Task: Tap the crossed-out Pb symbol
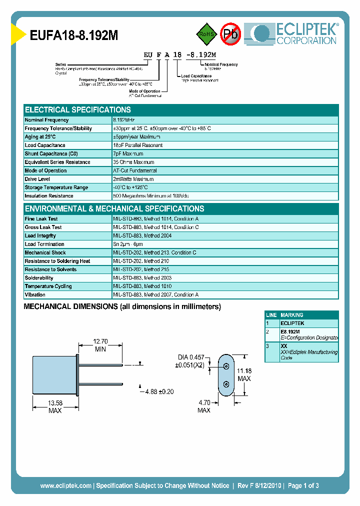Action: point(230,33)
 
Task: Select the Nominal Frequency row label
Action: point(46,120)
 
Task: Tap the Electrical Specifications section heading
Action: point(78,109)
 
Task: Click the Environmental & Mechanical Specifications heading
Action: point(114,208)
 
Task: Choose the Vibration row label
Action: point(35,295)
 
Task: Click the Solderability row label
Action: point(39,278)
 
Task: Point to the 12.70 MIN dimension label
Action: point(100,345)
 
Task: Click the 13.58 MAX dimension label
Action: point(55,406)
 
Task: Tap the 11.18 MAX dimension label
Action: point(244,374)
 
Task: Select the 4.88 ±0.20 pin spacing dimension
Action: point(158,391)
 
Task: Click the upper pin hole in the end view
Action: point(226,366)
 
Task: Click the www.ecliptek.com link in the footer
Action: point(65,485)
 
